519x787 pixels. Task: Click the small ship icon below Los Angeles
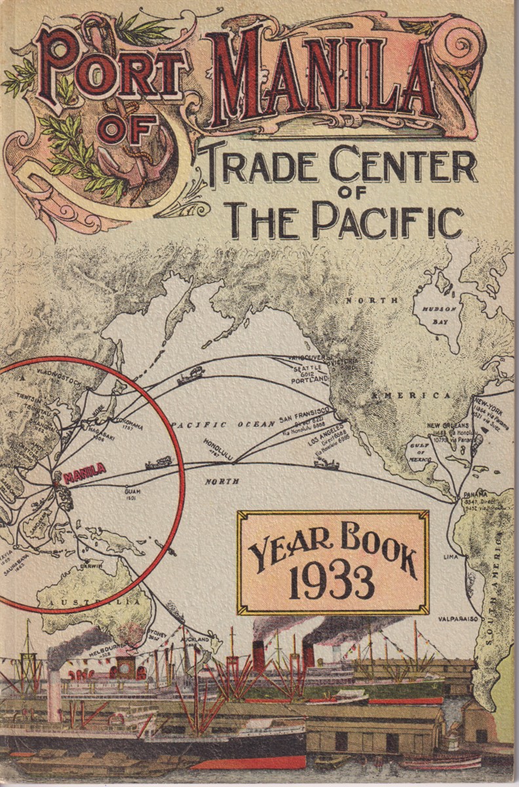(x=326, y=464)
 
